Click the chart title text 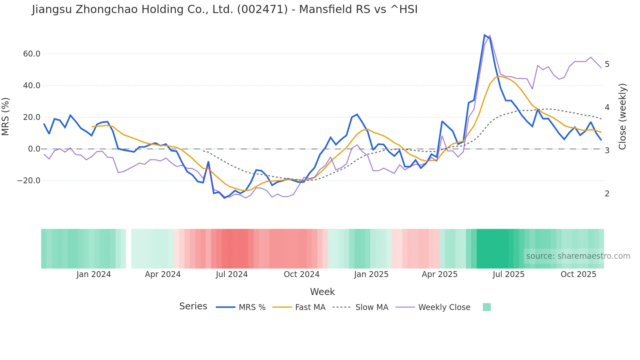(225, 9)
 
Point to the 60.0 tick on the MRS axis (31, 54)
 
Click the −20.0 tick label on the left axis (29, 181)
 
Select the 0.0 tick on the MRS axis (34, 149)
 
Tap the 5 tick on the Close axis (607, 64)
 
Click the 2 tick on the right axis (607, 194)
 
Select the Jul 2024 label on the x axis (232, 274)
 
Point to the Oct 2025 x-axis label (578, 274)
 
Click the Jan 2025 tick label (371, 274)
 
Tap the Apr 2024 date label (163, 274)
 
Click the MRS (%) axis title (6, 116)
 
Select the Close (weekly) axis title (622, 116)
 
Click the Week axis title (322, 292)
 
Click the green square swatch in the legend (487, 307)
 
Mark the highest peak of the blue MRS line (485, 35)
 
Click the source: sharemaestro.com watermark (578, 256)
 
